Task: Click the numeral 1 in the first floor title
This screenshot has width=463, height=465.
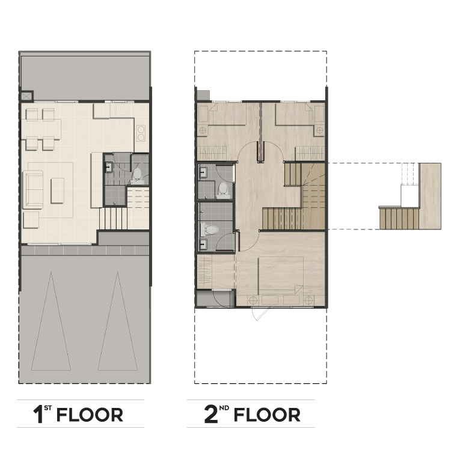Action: coord(38,415)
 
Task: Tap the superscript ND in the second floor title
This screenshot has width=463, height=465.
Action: coord(224,408)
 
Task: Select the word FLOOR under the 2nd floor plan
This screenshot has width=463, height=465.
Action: coord(267,415)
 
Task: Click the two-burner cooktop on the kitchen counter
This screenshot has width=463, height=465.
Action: coord(141,133)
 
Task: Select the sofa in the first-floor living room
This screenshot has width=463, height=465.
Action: coord(32,189)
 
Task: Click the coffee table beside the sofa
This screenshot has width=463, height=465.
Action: coord(57,190)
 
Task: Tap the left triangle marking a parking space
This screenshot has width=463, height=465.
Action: coord(51,321)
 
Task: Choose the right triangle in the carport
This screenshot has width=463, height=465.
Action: coord(117,321)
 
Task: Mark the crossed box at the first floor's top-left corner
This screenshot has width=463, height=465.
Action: coord(25,96)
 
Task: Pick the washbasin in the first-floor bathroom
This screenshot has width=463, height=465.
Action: coord(109,167)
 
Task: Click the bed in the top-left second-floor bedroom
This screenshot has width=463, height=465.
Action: coord(222,115)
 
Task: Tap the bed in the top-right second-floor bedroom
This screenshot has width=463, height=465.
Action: coord(300,115)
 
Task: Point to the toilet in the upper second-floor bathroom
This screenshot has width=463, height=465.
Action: coord(222,190)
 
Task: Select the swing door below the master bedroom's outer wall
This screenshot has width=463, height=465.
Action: coord(260,314)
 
